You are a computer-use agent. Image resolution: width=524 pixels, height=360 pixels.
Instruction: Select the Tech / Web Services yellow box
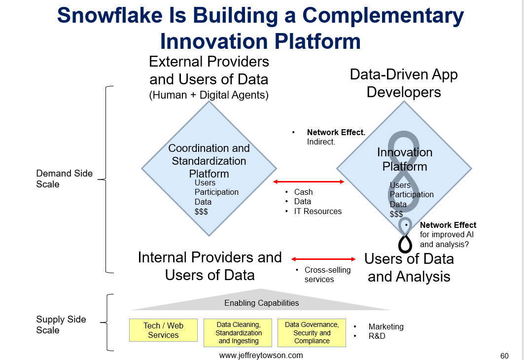coord(164,330)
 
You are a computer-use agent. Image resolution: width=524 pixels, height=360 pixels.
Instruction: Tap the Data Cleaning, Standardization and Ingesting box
coord(238,332)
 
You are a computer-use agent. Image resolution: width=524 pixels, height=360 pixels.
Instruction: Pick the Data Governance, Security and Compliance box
coord(312,332)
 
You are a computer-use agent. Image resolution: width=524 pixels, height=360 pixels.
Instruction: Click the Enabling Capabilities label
coord(262,303)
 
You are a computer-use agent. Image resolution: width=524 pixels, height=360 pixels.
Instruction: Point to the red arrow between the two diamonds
coord(309,182)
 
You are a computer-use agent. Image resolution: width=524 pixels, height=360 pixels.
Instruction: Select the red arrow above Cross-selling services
coord(323,259)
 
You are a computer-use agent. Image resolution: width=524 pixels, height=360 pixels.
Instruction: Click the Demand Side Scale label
coord(64,179)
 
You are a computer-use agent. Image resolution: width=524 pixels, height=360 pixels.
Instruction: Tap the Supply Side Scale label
coord(61,324)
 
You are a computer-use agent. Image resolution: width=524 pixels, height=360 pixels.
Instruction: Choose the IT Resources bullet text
coord(318,211)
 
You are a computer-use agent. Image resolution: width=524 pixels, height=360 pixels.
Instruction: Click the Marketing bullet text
coord(386,326)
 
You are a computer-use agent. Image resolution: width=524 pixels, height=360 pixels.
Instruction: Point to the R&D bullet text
coord(377,336)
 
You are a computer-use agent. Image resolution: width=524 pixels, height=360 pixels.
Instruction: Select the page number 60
coord(504,356)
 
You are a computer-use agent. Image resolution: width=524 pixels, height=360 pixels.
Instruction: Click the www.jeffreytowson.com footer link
coord(261,356)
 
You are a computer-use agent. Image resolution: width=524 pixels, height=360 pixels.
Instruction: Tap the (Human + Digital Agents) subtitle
coord(209,95)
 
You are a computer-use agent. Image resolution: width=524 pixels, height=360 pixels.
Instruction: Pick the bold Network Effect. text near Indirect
coord(336,132)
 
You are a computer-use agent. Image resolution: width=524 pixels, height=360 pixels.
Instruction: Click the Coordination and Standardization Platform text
coord(209,161)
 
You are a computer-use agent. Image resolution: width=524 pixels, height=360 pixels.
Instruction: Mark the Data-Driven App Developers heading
coord(404,83)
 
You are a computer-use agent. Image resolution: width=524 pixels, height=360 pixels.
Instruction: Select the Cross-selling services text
coord(327,274)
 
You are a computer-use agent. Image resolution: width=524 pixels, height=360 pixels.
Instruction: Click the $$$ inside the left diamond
coord(201,212)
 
